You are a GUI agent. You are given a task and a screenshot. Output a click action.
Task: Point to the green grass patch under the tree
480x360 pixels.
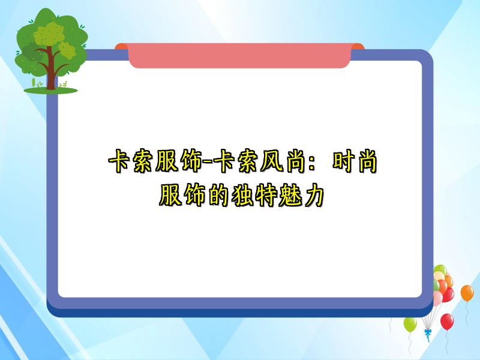coord(50,91)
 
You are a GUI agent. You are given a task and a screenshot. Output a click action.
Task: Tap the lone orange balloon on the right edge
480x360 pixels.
coord(467,293)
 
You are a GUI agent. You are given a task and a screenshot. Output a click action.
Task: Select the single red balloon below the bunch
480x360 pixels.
coord(447,322)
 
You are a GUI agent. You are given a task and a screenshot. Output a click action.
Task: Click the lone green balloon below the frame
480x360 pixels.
coord(410,325)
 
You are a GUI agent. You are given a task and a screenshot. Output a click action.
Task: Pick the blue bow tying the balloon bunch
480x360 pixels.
coord(427,332)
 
